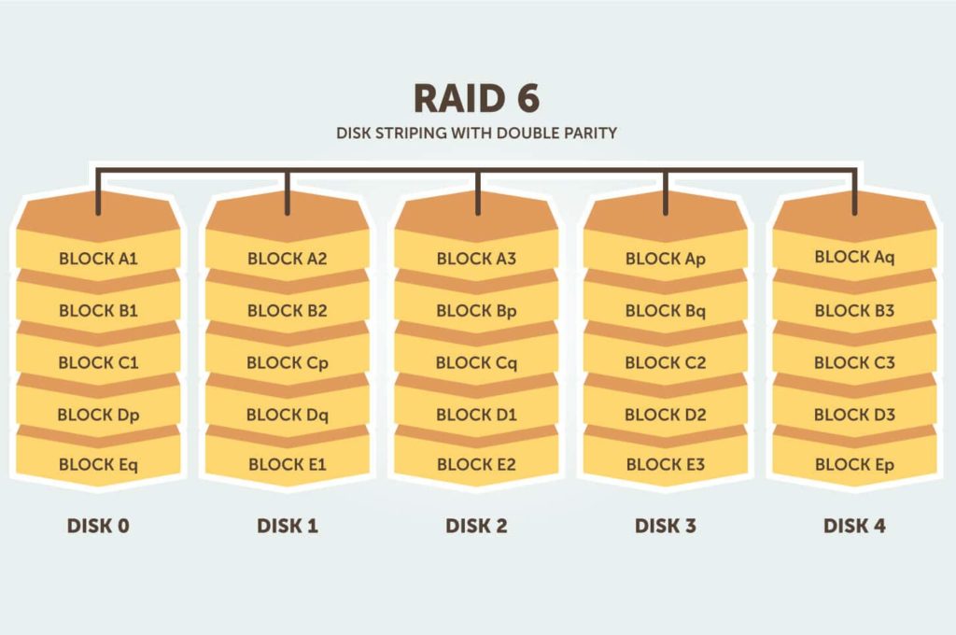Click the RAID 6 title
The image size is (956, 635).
pyautogui.click(x=477, y=99)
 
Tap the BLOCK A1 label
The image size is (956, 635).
pyautogui.click(x=98, y=259)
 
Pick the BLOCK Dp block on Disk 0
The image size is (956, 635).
pyautogui.click(x=98, y=414)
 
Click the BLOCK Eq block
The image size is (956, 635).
pyautogui.click(x=98, y=464)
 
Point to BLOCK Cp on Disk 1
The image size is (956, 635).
pyautogui.click(x=288, y=362)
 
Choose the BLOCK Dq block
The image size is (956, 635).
pyautogui.click(x=288, y=414)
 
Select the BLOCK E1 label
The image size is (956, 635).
pyautogui.click(x=288, y=464)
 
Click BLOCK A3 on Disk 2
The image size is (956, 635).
pyautogui.click(x=476, y=259)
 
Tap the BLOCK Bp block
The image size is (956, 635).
pyautogui.click(x=476, y=310)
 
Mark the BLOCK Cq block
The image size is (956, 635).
pyautogui.click(x=476, y=362)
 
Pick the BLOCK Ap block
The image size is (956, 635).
pyautogui.click(x=666, y=259)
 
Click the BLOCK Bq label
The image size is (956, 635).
pyautogui.click(x=666, y=310)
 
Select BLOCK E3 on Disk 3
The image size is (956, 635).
pyautogui.click(x=666, y=464)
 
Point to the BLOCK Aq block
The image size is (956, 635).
pyautogui.click(x=854, y=257)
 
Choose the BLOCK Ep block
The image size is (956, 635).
pyautogui.click(x=854, y=464)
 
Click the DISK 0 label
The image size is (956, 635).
pyautogui.click(x=98, y=526)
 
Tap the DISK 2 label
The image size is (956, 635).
pyautogui.click(x=476, y=526)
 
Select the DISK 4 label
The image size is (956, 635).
pyautogui.click(x=854, y=526)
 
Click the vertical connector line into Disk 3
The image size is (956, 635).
pyautogui.click(x=666, y=191)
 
